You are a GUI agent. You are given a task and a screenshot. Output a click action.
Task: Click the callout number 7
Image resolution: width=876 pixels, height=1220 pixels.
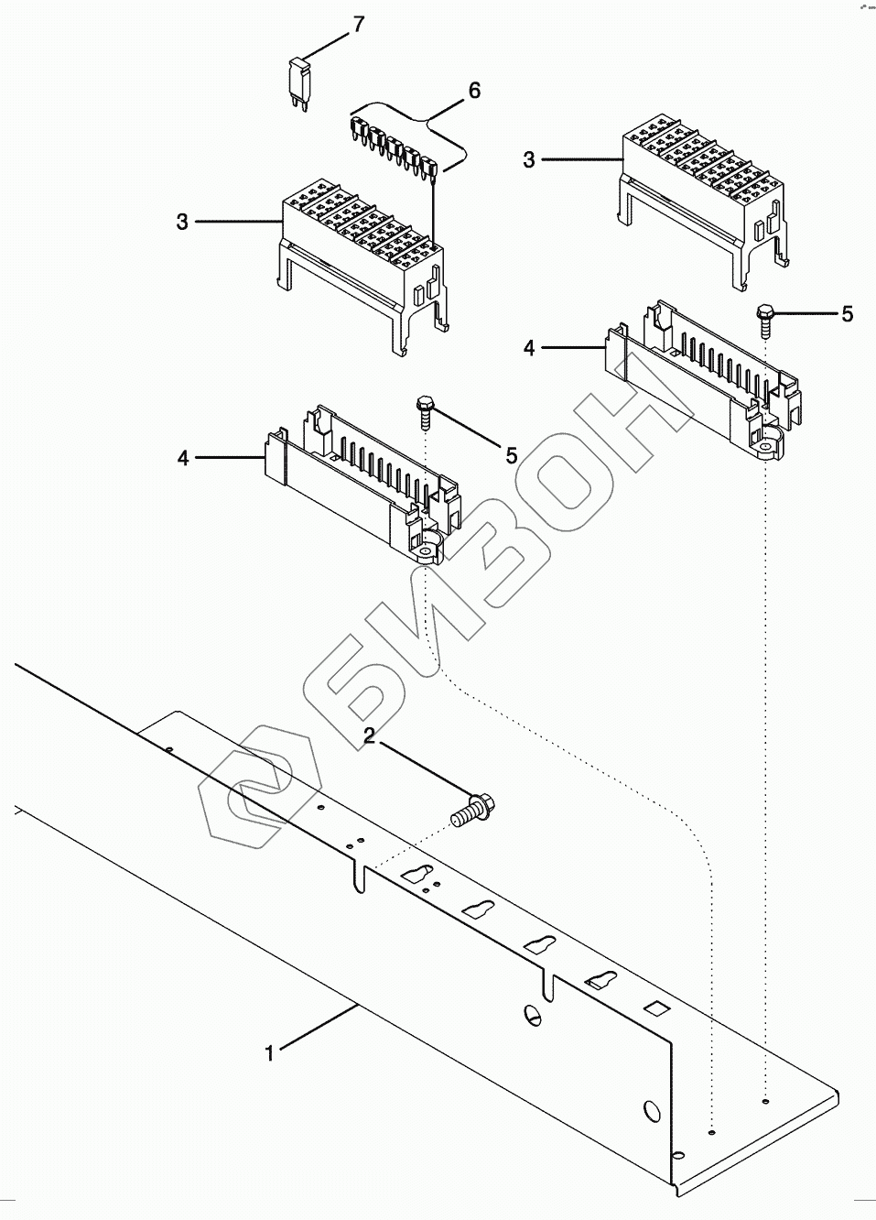point(358,24)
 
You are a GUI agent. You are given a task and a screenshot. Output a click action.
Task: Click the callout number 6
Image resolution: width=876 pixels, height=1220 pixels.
point(473,90)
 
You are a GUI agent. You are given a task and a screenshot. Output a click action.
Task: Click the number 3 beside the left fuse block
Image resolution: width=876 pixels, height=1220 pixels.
point(182,222)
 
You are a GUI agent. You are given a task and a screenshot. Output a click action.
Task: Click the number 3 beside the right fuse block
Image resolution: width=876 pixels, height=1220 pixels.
point(529,160)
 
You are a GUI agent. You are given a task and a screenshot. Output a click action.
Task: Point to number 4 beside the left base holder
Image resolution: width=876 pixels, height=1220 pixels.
point(183,457)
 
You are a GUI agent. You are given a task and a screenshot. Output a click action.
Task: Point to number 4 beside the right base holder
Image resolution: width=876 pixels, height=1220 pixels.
point(529,348)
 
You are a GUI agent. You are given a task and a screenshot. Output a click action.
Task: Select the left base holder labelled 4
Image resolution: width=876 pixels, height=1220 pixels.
point(362,485)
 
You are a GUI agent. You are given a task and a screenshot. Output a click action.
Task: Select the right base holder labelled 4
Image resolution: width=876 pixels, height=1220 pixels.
point(700,380)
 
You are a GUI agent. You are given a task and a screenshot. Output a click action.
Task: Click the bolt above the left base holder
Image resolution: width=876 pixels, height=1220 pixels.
point(426,412)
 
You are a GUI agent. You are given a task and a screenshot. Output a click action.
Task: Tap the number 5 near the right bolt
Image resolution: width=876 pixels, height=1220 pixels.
point(847,314)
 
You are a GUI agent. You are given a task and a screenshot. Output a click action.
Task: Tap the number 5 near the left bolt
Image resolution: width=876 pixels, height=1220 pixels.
point(512,455)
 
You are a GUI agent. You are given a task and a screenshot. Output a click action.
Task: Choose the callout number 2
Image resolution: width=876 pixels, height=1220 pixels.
point(370,735)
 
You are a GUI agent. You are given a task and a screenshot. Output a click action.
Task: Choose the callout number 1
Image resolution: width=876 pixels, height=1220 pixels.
point(269,1053)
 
